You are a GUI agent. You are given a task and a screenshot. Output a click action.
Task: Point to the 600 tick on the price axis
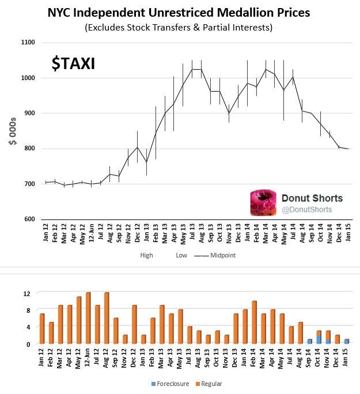tap(29, 219)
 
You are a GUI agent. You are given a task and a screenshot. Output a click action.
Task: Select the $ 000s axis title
tap(12, 131)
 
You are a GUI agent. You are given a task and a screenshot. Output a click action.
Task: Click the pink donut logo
tap(263, 204)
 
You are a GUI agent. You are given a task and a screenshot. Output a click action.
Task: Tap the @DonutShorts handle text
tap(307, 210)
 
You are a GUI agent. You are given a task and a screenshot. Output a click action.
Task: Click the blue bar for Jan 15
tap(347, 342)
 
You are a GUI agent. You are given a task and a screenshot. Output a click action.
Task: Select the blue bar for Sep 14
tap(309, 342)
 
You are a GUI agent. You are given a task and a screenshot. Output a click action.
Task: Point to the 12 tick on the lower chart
tap(26, 293)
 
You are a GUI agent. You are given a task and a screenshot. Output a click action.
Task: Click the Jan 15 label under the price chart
tap(347, 236)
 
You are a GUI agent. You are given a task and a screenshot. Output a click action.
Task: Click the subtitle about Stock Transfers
tap(178, 27)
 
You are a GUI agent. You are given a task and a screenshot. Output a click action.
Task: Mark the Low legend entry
tap(181, 255)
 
